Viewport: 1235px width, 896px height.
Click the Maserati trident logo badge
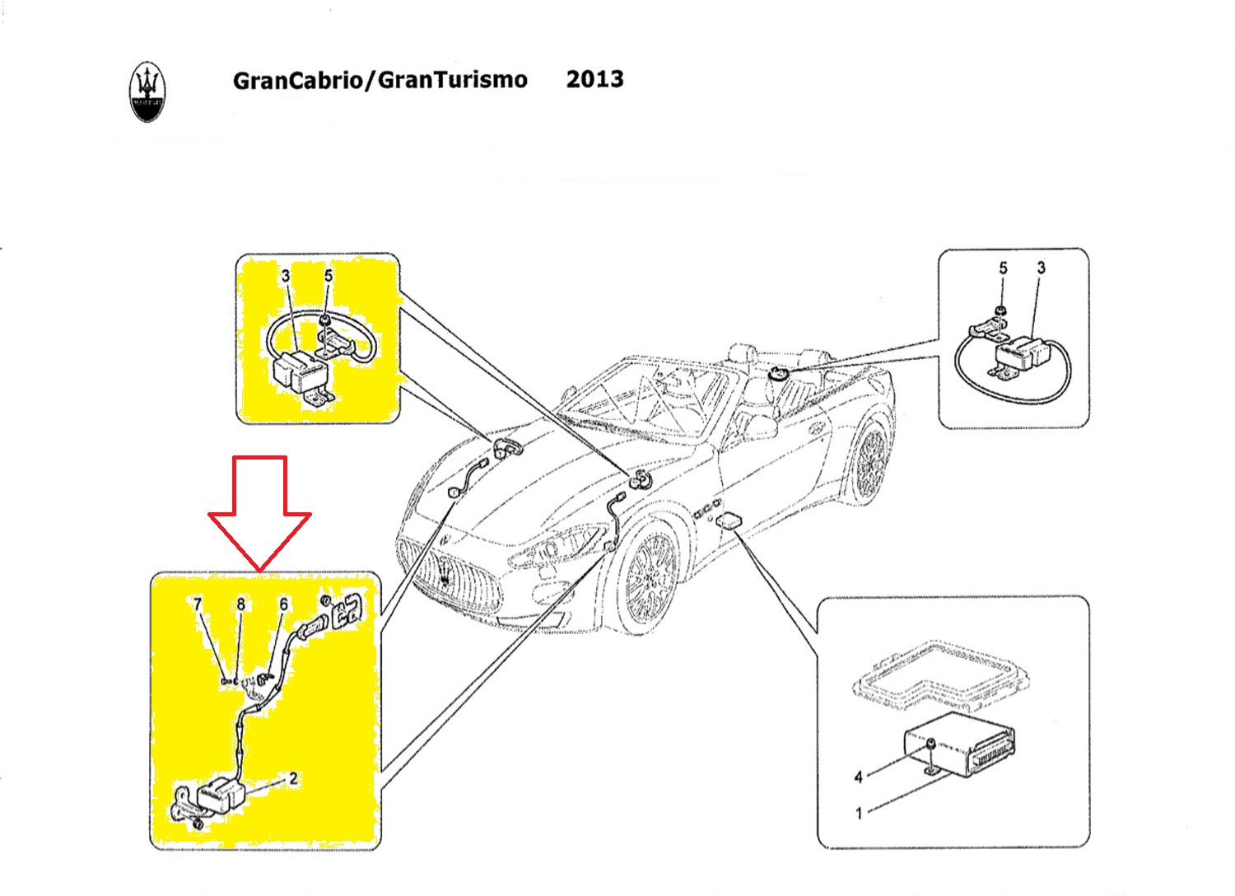click(147, 91)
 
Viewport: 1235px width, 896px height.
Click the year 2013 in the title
click(595, 79)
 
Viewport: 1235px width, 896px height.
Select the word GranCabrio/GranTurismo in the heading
click(380, 81)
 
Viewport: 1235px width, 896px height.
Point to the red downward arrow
click(259, 513)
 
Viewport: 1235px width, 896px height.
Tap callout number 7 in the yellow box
click(198, 604)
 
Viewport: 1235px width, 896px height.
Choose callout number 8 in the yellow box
click(241, 604)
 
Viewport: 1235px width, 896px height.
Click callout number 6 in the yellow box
click(283, 604)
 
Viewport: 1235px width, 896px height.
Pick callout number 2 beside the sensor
click(293, 778)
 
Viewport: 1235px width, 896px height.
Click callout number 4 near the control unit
click(858, 777)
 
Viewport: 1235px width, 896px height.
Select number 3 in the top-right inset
click(1041, 268)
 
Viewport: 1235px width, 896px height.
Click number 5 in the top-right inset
click(1003, 268)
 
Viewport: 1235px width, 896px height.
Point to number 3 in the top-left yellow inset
click(286, 276)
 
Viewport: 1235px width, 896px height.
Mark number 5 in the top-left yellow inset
click(329, 276)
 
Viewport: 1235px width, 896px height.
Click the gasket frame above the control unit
click(940, 674)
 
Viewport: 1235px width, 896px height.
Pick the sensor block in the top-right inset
click(1019, 352)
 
